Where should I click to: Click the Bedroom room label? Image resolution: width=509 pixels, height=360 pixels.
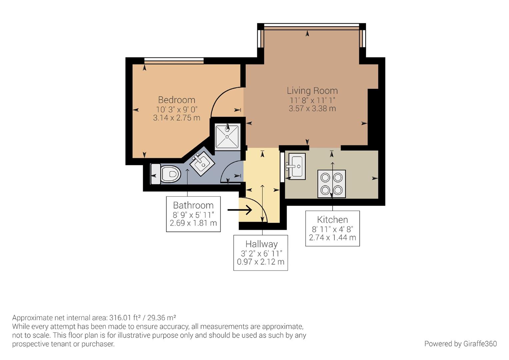pos(176,100)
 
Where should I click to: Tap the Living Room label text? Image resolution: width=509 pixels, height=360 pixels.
pos(312,90)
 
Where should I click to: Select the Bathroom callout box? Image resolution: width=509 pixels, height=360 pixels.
pos(193,214)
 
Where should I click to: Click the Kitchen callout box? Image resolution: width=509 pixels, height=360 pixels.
pos(332,228)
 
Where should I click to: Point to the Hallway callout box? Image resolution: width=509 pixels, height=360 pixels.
pos(260,253)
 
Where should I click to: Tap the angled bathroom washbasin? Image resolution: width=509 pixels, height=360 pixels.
pos(202,163)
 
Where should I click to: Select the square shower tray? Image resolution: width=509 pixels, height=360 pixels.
pos(227,136)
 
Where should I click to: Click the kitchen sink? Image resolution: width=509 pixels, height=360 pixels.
pos(296,166)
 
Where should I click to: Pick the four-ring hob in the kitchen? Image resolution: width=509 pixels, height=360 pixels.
pos(331,184)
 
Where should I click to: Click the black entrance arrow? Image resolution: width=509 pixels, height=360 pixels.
pos(240,210)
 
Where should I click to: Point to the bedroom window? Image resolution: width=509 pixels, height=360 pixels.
pos(174,60)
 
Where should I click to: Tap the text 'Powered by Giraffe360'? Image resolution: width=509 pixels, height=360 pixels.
pos(460,344)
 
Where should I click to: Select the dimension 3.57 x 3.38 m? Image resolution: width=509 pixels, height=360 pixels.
pos(312,108)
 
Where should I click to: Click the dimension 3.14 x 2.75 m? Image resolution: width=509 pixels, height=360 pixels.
pos(176,118)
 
